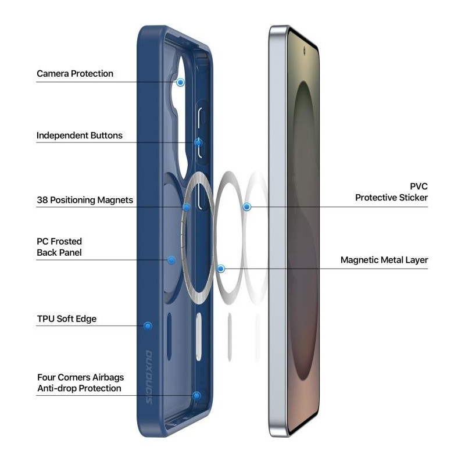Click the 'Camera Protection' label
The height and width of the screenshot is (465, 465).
(x=75, y=74)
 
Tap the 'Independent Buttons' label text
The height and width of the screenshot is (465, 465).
(x=80, y=135)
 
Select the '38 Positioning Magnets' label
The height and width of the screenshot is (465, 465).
(x=85, y=200)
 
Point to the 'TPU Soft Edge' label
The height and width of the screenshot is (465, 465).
(x=67, y=319)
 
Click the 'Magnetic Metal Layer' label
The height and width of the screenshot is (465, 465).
(x=384, y=260)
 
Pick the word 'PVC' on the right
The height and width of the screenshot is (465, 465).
(x=419, y=187)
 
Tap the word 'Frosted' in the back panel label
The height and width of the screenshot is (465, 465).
(x=66, y=241)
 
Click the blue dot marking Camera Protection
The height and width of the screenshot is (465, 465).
(x=180, y=82)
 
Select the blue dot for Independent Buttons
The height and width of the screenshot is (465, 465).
(x=198, y=142)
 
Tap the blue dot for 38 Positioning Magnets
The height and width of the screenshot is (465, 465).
(x=187, y=207)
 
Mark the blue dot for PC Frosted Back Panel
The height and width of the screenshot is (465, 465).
(x=171, y=260)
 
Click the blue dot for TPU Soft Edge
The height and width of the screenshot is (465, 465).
(x=148, y=326)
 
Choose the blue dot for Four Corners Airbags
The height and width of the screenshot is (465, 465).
(x=196, y=396)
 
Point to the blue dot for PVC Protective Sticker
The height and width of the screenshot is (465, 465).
(x=246, y=207)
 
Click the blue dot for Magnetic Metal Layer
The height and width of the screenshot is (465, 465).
(x=221, y=269)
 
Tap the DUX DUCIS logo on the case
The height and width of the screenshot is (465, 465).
(x=149, y=377)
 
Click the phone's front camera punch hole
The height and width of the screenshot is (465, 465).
(x=304, y=51)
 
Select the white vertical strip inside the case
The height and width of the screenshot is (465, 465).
(x=198, y=337)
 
